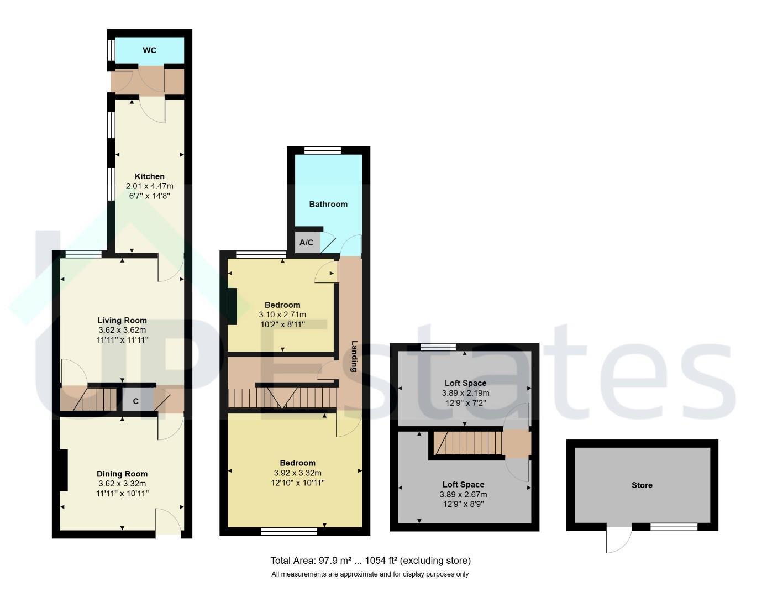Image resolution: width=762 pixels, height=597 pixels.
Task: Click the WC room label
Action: coord(149,50)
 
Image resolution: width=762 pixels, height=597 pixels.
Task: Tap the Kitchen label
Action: coord(150,176)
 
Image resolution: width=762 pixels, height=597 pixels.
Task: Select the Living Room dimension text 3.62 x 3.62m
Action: coord(122,330)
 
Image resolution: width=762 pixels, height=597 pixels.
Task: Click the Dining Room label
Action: coord(122,474)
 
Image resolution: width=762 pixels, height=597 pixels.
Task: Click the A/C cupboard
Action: coord(307,242)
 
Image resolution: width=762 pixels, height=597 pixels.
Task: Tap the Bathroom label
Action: coord(328,204)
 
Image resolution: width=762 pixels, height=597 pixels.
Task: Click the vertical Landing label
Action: coord(355,356)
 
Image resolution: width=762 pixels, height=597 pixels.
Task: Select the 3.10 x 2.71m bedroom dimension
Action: coord(282,315)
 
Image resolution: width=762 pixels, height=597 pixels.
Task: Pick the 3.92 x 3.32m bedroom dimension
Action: coord(298,473)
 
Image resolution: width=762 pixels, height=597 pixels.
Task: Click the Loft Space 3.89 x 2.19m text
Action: coord(465,393)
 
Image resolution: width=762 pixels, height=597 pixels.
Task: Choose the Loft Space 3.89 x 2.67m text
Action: coord(463,495)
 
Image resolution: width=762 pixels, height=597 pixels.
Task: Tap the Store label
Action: coord(642,485)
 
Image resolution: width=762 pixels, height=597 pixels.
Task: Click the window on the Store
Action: coord(674,527)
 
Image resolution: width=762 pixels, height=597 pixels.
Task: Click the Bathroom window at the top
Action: coord(323,150)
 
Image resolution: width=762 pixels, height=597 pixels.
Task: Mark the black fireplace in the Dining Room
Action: coord(64,470)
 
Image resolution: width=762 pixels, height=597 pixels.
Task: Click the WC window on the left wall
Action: coord(111,50)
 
